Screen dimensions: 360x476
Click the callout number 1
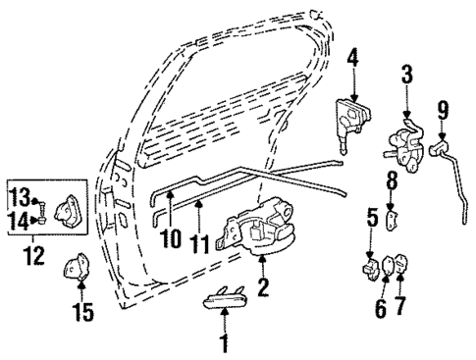click(225, 342)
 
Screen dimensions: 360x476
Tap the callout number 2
click(263, 286)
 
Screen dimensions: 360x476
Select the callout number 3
click(405, 74)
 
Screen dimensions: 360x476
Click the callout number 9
click(444, 106)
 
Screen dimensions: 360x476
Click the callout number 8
click(391, 180)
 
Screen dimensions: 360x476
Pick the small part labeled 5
click(370, 266)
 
